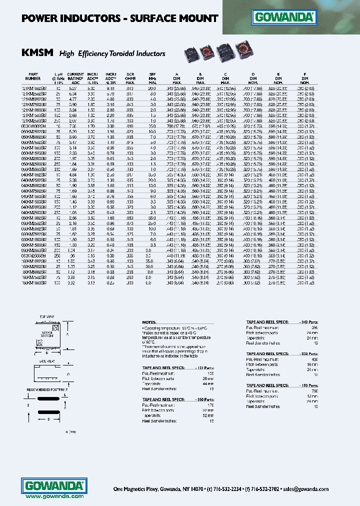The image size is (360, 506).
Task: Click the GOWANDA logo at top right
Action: click(x=284, y=18)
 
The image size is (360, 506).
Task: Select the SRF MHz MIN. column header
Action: click(x=152, y=77)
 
